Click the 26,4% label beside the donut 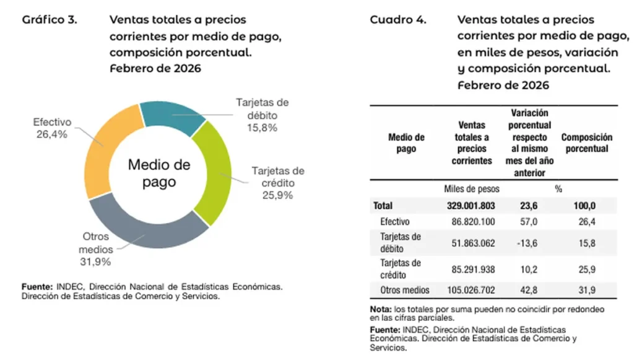click(50, 134)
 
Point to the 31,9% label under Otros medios click(95, 261)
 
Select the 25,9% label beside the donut click(276, 195)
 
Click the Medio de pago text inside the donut click(159, 173)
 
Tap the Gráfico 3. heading click(50, 19)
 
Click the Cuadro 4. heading click(398, 19)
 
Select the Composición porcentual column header click(586, 143)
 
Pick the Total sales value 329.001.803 click(472, 206)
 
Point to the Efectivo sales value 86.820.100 click(473, 222)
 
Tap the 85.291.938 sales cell click(473, 269)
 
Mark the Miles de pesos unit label click(472, 188)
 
